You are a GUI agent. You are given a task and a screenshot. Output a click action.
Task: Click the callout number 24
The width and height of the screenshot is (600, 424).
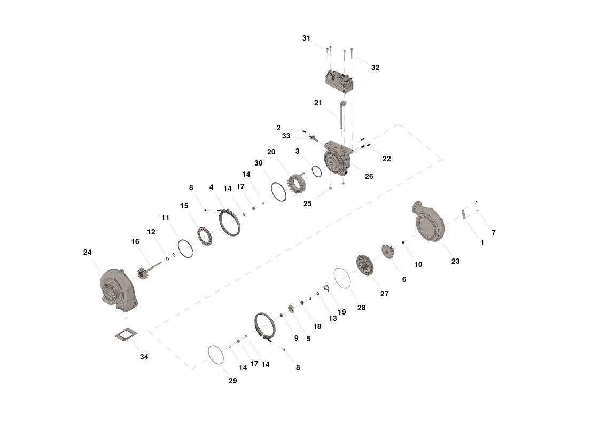tap(87, 253)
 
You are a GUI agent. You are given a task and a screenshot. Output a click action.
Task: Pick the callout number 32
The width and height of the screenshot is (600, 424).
tap(376, 67)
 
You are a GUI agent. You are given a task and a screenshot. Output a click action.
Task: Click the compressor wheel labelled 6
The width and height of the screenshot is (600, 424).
tap(388, 251)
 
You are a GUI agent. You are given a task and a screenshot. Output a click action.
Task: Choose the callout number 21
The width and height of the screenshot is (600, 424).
tap(318, 103)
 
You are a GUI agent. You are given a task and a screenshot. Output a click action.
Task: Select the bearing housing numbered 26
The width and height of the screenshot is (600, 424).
tap(338, 159)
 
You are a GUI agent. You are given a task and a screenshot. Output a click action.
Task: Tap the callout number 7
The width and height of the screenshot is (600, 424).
tap(494, 233)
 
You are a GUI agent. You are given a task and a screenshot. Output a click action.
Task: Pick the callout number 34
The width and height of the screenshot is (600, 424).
tap(144, 357)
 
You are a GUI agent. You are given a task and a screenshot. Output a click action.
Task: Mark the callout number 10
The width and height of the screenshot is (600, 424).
tap(418, 264)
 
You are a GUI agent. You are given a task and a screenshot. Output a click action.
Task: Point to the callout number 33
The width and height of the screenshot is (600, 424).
tap(286, 136)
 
